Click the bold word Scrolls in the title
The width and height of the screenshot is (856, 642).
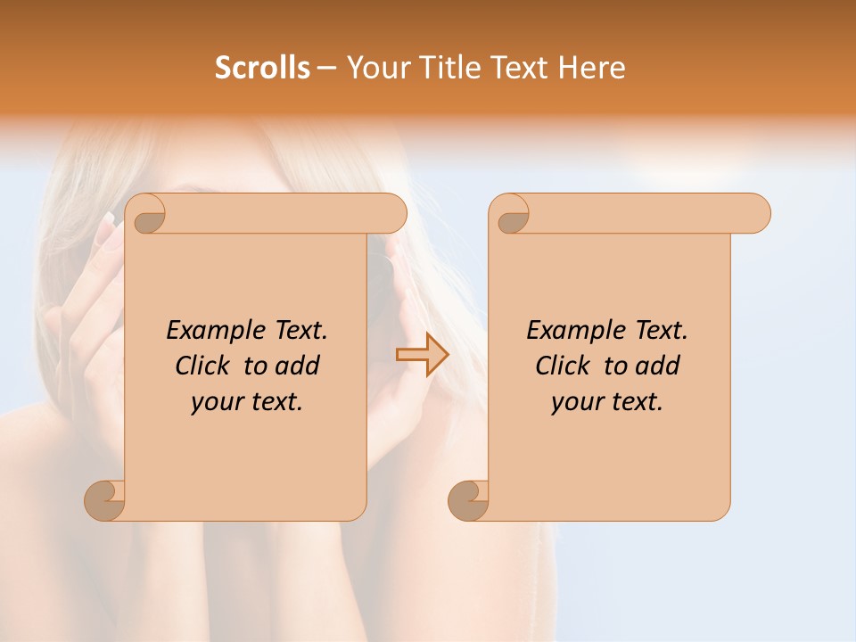[262, 68]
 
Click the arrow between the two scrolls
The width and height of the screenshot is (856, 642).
[423, 354]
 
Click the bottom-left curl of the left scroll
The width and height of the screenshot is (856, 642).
[104, 501]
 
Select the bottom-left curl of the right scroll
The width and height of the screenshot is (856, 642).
[468, 501]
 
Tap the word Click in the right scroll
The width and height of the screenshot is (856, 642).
[563, 366]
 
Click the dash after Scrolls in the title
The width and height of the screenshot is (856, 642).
[326, 68]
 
